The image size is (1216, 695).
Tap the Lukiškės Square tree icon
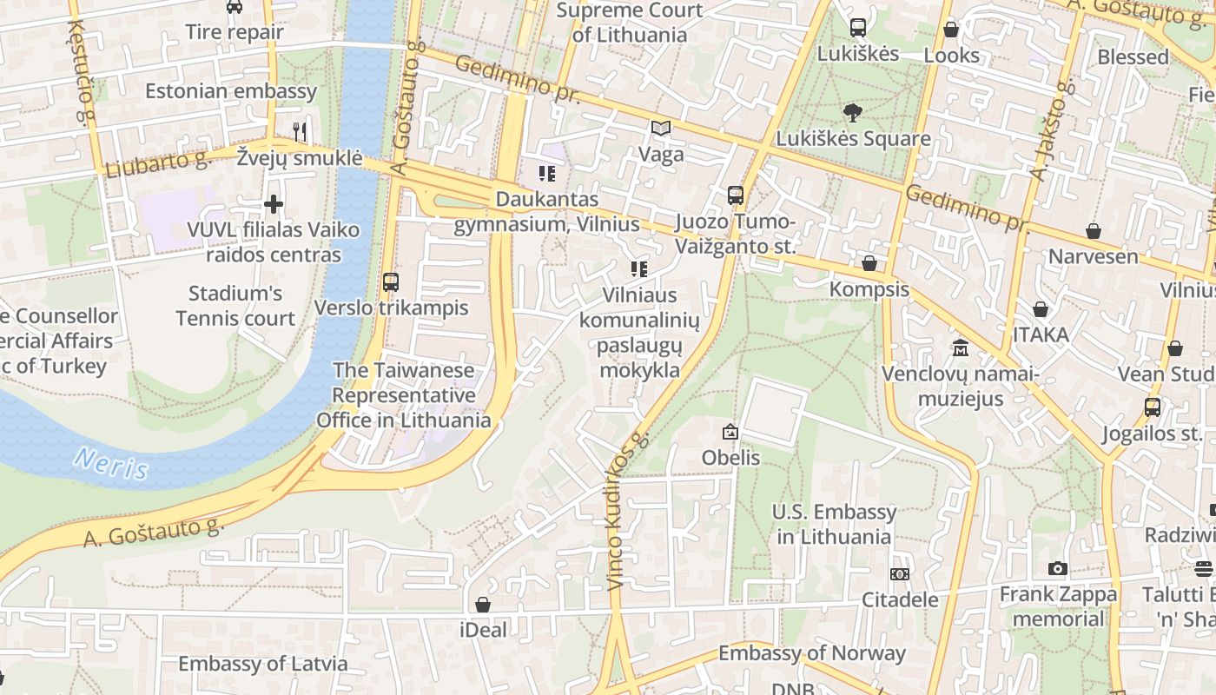tap(852, 112)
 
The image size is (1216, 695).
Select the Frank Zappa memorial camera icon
tap(1057, 568)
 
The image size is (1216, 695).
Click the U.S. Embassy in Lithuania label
tap(834, 524)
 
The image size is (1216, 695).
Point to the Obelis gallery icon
tap(730, 431)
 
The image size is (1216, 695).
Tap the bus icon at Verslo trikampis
tap(390, 281)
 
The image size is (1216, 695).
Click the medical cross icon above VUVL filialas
tap(274, 204)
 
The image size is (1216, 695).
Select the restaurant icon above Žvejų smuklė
tap(300, 131)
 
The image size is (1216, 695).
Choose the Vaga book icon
tap(661, 129)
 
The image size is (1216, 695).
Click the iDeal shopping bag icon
tap(483, 604)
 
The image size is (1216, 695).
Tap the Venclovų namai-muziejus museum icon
tap(960, 347)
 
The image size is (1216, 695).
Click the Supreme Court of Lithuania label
tap(630, 23)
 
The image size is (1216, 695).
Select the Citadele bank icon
tap(900, 573)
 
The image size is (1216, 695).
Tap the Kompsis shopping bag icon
tap(869, 263)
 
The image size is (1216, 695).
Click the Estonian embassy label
tap(231, 91)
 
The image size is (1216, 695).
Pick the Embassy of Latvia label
tap(262, 664)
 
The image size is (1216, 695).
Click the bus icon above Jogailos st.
tap(1152, 407)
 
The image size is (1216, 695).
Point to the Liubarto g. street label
tap(158, 162)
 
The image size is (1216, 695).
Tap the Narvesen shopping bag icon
tap(1093, 231)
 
